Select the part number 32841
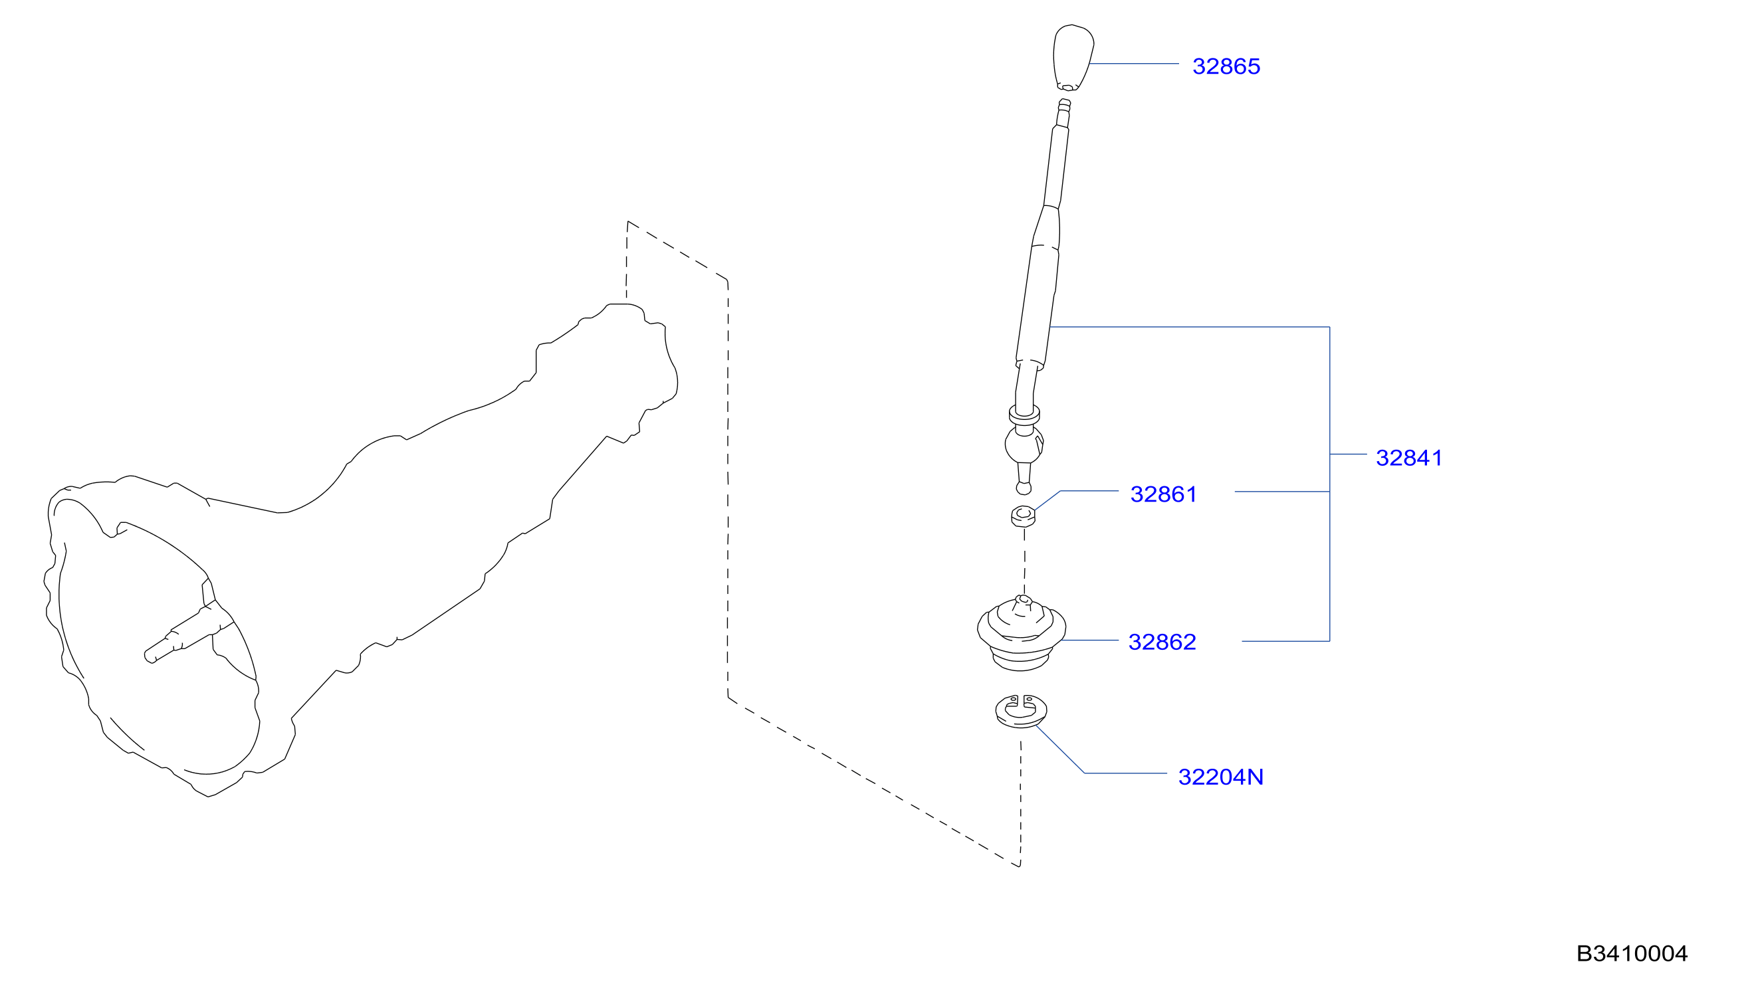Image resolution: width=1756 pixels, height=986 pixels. coord(1408,458)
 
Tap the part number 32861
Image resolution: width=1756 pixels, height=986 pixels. coord(1163,494)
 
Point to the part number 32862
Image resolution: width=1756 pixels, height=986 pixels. coord(1162,642)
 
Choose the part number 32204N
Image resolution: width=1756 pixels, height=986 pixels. coord(1220,777)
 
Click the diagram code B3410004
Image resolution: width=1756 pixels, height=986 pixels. coord(1632,953)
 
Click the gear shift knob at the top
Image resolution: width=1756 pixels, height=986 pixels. coord(1073,58)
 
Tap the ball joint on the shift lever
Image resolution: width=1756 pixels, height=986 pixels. coord(1024,444)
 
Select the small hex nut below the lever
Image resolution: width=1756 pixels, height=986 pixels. coord(1022,516)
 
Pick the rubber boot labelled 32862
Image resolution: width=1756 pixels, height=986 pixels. coord(1020,633)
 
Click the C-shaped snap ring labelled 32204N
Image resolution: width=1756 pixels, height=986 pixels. coord(1020,712)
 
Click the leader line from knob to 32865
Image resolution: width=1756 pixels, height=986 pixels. coord(1135,63)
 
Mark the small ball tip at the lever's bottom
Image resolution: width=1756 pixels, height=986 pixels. coord(1023,488)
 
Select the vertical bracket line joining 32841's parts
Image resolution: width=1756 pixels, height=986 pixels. coord(1329,484)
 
